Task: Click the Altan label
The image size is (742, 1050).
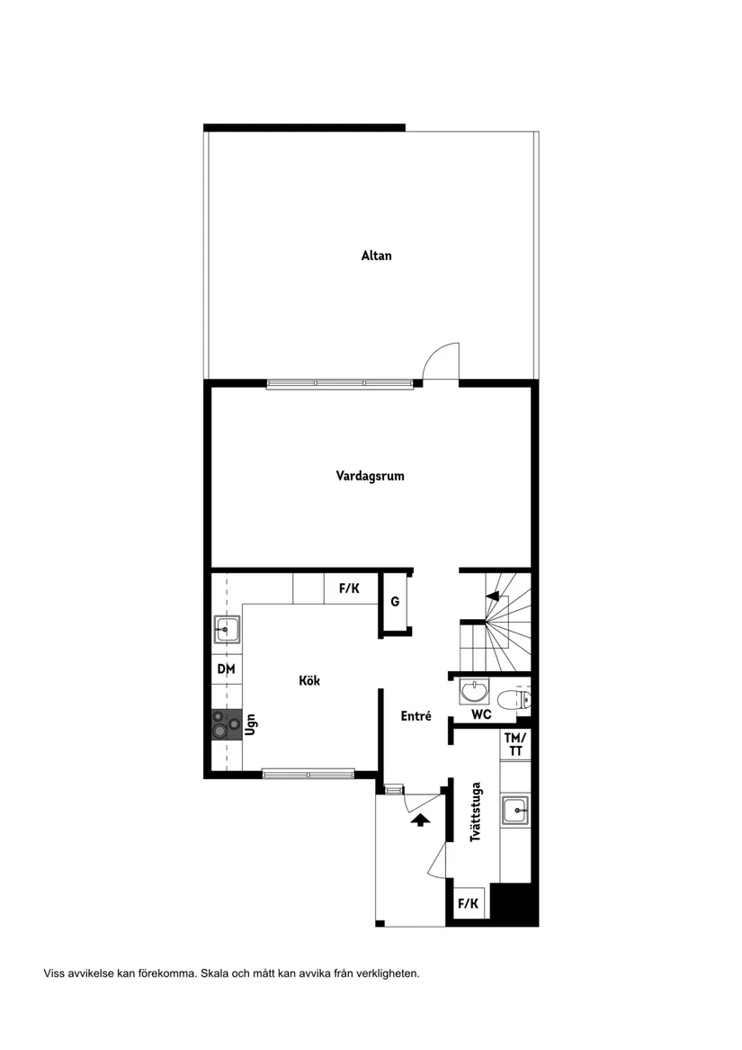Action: [x=376, y=256]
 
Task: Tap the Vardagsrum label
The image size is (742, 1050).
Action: [x=370, y=476]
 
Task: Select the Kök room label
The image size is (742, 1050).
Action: [x=309, y=681]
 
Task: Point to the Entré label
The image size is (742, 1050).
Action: [x=416, y=716]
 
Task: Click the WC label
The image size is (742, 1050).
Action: [x=481, y=715]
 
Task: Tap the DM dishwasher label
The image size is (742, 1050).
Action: [x=226, y=669]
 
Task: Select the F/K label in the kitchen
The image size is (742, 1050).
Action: [x=349, y=589]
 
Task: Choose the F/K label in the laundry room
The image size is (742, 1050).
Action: [x=468, y=903]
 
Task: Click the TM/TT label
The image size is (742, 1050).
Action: [x=515, y=744]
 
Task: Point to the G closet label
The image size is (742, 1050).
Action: [x=394, y=602]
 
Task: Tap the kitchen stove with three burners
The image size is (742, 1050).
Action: [x=226, y=724]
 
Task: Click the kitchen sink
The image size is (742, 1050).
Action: [x=226, y=629]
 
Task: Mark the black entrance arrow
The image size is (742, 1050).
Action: [x=419, y=819]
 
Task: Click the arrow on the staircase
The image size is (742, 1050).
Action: [x=492, y=594]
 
